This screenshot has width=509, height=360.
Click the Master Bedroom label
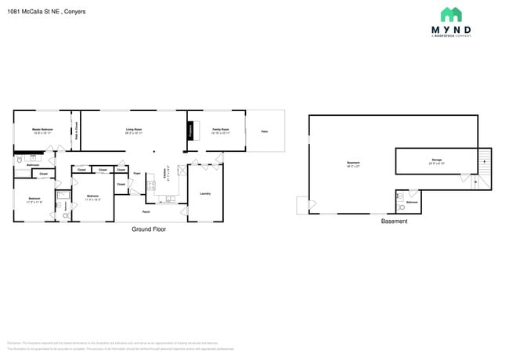42,129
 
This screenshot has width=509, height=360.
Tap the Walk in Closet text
76,131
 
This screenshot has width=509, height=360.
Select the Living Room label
134,129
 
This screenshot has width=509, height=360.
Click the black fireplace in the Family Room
190,131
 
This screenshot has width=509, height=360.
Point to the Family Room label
220,129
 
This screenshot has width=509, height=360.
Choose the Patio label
265,131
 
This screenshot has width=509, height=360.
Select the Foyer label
136,173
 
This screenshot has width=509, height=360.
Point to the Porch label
146,211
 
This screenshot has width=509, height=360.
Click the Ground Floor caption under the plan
148,229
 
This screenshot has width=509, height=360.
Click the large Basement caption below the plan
394,221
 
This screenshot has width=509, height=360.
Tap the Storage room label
436,160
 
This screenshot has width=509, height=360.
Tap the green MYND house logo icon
450,15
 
